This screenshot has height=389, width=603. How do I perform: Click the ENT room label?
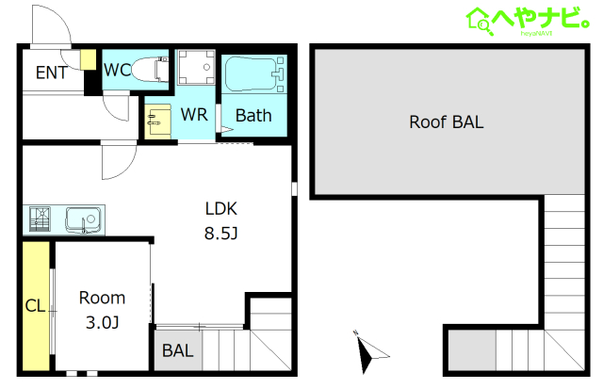tap(52, 73)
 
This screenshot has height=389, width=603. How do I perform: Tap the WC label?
tap(117, 70)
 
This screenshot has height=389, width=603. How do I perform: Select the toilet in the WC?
tap(151, 69)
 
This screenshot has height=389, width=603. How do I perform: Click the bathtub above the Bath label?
tap(254, 74)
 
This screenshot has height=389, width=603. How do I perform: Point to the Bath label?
tap(253, 115)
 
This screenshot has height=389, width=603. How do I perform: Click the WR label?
tap(194, 115)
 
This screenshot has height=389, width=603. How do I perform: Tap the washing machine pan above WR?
tap(196, 67)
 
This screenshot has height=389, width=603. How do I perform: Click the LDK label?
tap(221, 209)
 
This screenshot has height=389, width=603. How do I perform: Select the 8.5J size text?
tap(221, 234)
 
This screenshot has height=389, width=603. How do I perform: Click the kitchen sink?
tap(84, 219)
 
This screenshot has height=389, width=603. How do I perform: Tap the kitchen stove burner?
tap(40, 219)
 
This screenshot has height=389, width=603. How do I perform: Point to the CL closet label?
tap(35, 306)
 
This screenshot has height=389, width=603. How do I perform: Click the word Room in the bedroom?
tap(103, 298)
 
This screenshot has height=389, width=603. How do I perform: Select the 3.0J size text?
tap(103, 322)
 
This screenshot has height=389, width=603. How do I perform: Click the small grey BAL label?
tap(178, 350)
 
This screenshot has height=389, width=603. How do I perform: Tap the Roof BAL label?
tap(447, 122)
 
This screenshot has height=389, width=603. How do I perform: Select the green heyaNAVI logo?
tap(528, 21)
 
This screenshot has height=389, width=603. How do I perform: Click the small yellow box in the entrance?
tap(88, 59)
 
